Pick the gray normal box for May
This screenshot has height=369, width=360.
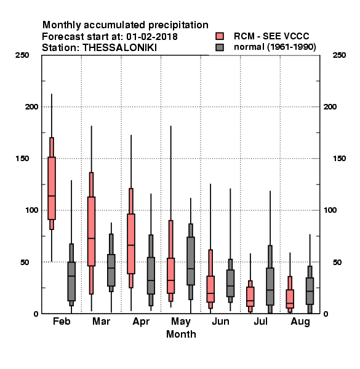pyautogui.click(x=191, y=261)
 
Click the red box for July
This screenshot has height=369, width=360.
pyautogui.click(x=250, y=296)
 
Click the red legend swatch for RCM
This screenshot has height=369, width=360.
pyautogui.click(x=220, y=36)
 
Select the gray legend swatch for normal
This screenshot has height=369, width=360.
pyautogui.click(x=220, y=47)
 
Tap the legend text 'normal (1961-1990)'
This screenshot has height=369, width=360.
pyautogui.click(x=274, y=47)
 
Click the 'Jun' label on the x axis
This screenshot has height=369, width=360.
pyautogui.click(x=220, y=322)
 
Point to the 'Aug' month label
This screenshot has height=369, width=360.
pyautogui.click(x=300, y=322)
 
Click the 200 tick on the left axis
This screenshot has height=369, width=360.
pyautogui.click(x=31, y=106)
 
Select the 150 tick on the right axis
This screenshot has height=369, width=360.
pyautogui.click(x=339, y=159)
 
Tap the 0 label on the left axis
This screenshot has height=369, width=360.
pyautogui.click(x=36, y=314)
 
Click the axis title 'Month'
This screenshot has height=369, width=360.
pyautogui.click(x=181, y=334)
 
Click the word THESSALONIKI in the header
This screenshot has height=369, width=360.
pyautogui.click(x=119, y=48)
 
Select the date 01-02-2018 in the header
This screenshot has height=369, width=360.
pyautogui.click(x=152, y=36)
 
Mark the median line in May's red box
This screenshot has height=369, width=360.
pyautogui.click(x=170, y=280)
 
